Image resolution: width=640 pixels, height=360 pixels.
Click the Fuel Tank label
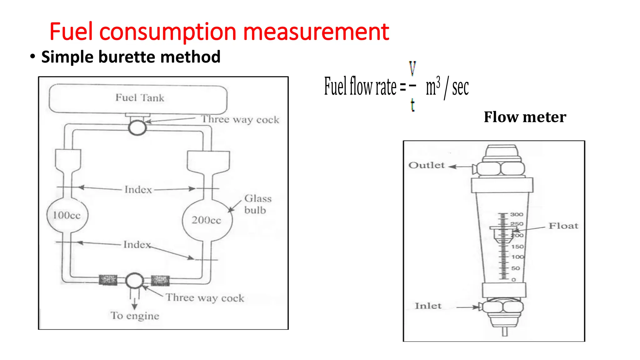click(140, 98)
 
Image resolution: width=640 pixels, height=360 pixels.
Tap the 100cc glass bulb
click(67, 215)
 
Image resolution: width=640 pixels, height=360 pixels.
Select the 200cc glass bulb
click(207, 220)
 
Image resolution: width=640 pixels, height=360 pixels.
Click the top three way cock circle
click(137, 127)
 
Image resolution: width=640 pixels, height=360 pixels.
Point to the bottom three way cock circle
click(134, 280)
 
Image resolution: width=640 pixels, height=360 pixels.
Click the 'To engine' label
click(135, 316)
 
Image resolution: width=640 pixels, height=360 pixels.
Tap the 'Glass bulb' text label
click(257, 204)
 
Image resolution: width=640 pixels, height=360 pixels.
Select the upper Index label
click(138, 190)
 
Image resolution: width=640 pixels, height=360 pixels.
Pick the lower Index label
click(137, 244)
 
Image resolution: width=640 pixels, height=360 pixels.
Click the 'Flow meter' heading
click(525, 117)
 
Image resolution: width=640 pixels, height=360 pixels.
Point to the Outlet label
click(426, 165)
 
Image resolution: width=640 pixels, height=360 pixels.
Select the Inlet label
click(428, 306)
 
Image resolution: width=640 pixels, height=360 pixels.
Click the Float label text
click(563, 226)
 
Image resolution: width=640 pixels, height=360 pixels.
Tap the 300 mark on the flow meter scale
click(516, 214)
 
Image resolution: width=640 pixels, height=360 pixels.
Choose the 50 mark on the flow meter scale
click(515, 268)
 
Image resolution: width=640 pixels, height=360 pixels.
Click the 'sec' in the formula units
click(460, 88)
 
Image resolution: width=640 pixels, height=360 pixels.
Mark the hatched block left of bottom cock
click(108, 280)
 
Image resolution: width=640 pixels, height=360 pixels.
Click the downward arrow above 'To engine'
click(134, 303)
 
